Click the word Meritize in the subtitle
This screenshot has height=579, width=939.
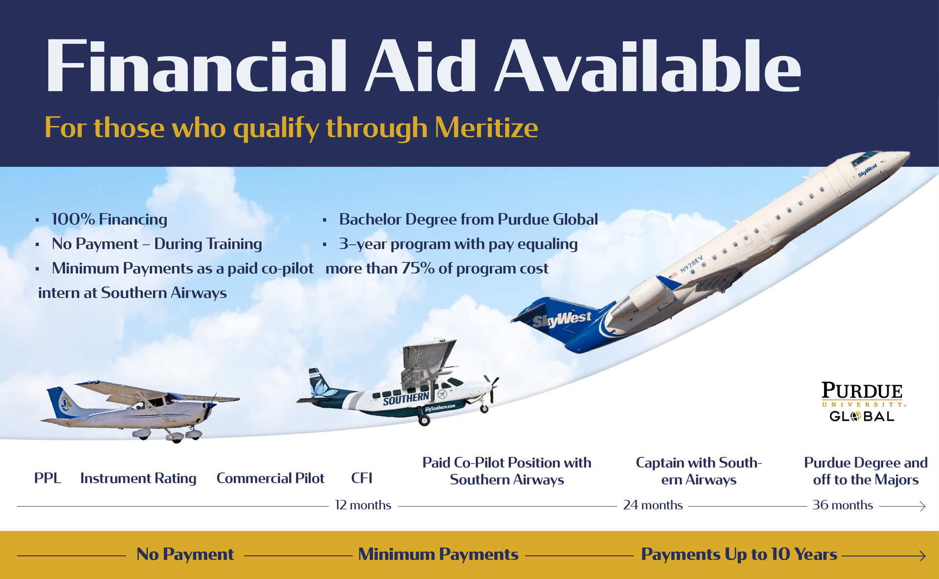point(486,128)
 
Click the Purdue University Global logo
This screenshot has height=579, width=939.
point(863,402)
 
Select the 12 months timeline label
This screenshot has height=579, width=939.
point(363,505)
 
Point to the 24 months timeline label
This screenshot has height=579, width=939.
point(652,505)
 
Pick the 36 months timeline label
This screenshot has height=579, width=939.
point(843,505)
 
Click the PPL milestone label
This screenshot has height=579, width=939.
point(47,478)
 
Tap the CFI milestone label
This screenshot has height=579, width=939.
point(362,478)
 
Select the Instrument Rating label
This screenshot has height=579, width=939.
point(138,478)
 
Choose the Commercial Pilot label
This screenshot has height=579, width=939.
point(270,478)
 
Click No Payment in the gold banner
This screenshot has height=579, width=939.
point(185,555)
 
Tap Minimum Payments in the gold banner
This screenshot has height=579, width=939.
point(438,555)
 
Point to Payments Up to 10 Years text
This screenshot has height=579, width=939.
point(739,555)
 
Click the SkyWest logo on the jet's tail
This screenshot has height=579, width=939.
point(562,320)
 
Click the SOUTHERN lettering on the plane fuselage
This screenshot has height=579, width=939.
point(406,399)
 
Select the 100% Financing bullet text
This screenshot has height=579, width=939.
point(109,219)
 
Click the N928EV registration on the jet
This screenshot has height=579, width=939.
point(691,264)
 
